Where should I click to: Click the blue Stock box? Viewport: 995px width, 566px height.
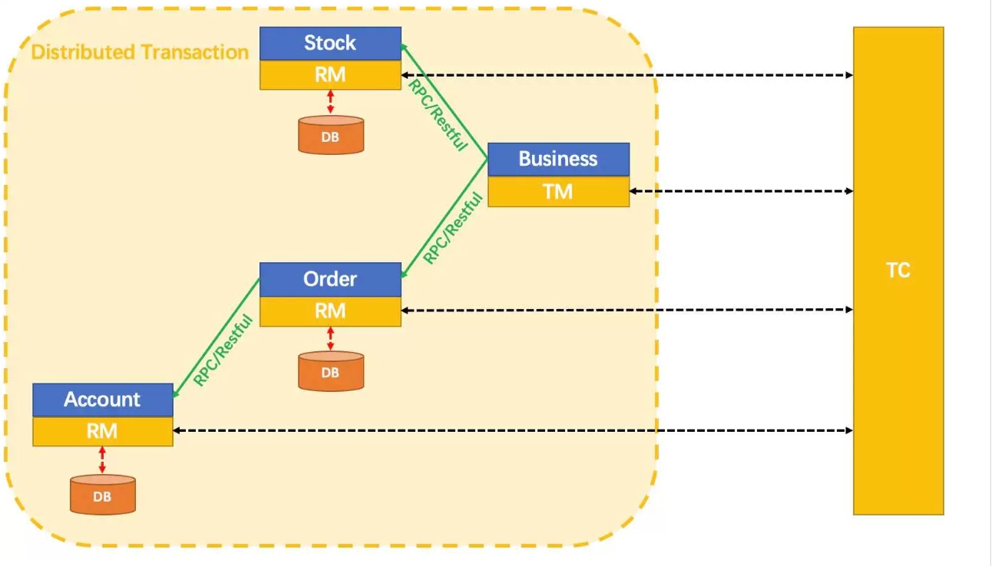(330, 44)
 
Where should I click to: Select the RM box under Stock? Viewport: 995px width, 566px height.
(330, 75)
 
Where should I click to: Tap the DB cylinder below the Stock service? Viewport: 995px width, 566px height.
(331, 135)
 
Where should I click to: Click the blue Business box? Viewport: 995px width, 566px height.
(558, 160)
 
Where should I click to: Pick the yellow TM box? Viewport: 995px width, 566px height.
(558, 192)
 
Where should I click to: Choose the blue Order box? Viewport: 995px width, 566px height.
(330, 279)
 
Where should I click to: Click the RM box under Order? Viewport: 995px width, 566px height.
(330, 311)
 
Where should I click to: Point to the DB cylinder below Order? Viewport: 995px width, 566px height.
(331, 371)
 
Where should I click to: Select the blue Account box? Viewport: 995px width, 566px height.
(103, 400)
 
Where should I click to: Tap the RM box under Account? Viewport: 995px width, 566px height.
(103, 431)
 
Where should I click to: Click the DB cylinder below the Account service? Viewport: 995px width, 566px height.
(103, 495)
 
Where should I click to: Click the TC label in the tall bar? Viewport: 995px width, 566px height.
(897, 270)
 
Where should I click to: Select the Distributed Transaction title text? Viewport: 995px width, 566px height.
(140, 52)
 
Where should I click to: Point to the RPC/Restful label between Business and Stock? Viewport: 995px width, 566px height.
(438, 115)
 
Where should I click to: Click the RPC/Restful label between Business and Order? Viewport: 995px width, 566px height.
(453, 228)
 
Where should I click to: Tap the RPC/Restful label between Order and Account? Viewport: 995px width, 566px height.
(223, 350)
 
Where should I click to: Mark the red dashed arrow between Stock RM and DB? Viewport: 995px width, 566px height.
(330, 102)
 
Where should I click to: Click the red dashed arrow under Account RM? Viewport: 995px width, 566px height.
(102, 460)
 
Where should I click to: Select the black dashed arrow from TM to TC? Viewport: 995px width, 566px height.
(742, 191)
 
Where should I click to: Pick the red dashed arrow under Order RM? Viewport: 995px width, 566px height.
(330, 338)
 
